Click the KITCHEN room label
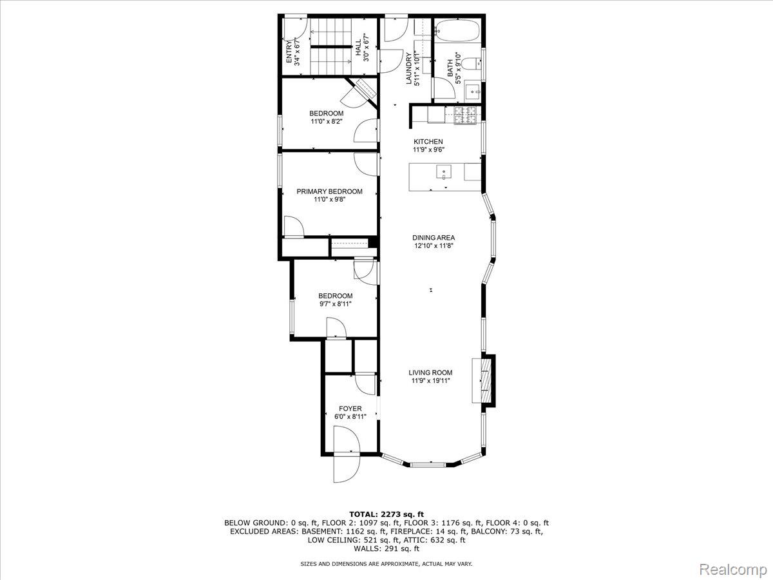point(428,142)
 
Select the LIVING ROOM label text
point(430,372)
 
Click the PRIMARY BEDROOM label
point(329,191)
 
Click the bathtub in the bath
point(457,30)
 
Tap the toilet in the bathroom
point(473,63)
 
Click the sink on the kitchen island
point(445,172)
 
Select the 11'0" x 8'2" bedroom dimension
point(326,121)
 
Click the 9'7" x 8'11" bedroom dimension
point(335,304)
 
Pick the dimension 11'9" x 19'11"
point(430,381)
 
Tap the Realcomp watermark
point(733,570)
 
